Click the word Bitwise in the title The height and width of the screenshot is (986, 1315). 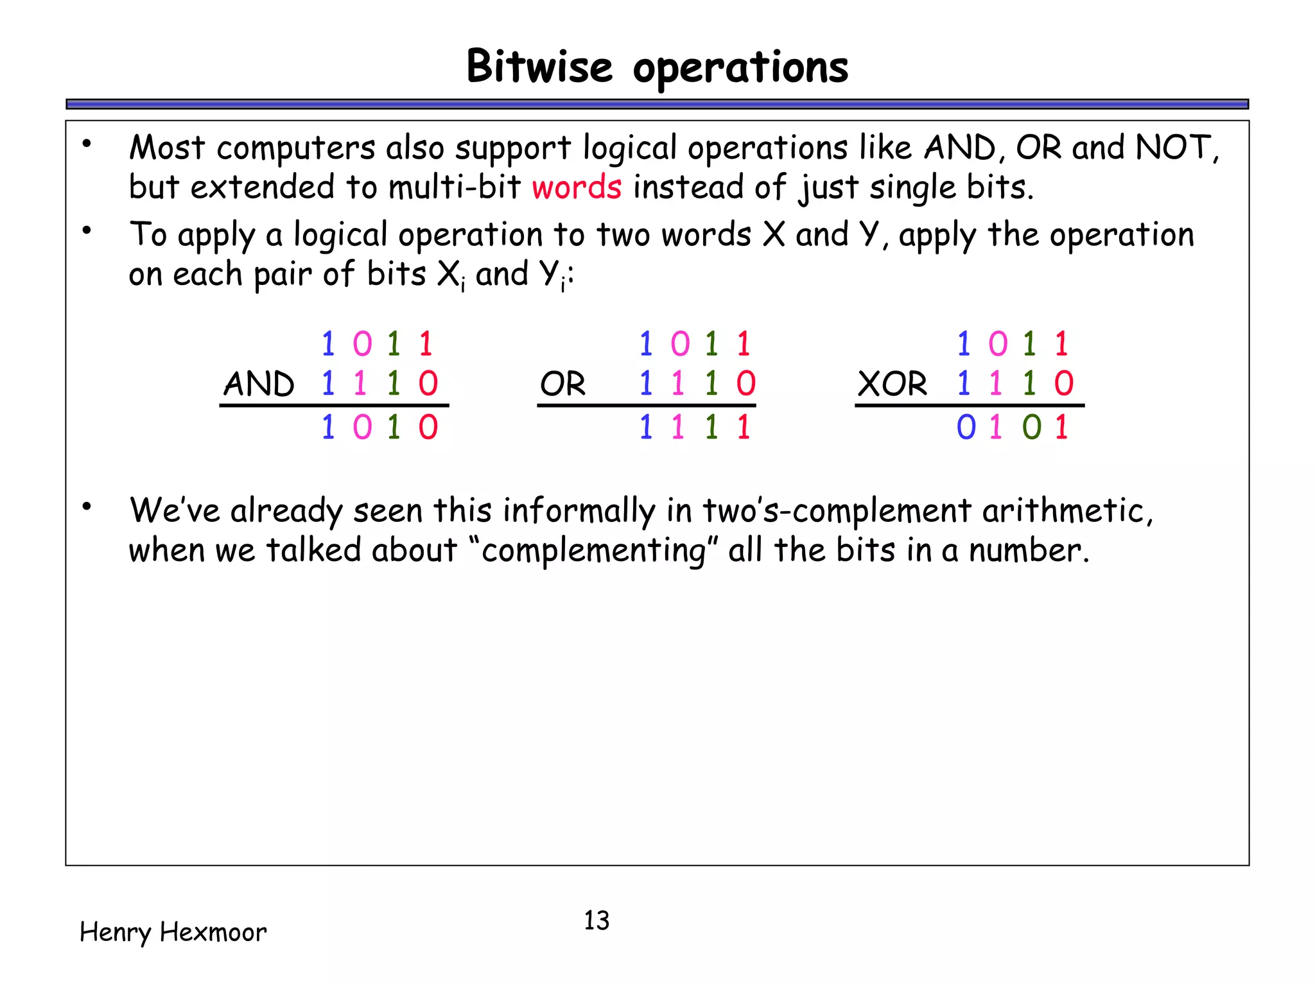tap(539, 66)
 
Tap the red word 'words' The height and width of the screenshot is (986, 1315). tap(576, 187)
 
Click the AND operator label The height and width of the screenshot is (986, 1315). tap(259, 384)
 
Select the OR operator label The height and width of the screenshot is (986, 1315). tap(562, 384)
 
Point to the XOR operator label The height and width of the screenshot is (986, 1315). tap(893, 384)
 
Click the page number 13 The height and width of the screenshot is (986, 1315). tap(596, 921)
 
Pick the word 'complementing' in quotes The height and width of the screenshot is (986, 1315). tap(593, 551)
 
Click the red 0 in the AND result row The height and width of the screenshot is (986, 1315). tap(428, 427)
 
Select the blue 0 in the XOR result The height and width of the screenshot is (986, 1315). tap(966, 427)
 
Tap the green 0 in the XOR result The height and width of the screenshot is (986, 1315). tap(1031, 427)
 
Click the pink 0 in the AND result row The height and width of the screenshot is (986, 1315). tap(362, 427)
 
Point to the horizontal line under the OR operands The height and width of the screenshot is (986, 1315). tap(646, 406)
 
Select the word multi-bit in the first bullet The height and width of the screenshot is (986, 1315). tap(455, 187)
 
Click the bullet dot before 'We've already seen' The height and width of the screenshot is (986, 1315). tap(87, 507)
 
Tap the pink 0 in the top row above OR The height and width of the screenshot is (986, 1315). tap(680, 344)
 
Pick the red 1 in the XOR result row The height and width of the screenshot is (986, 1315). tap(1062, 427)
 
